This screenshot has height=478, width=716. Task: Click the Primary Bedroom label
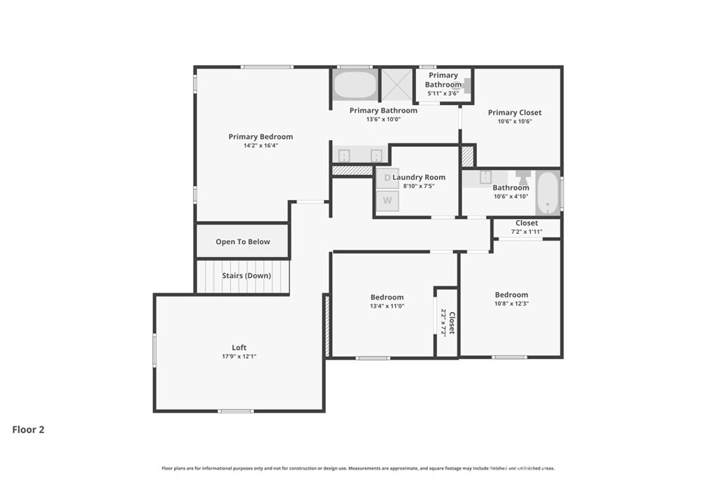pos(261,136)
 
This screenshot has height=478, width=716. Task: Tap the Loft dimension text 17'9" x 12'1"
pos(239,356)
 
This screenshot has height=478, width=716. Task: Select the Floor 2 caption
pos(28,430)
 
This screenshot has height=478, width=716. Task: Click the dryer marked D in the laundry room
pos(387,178)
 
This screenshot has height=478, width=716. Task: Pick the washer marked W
pos(387,201)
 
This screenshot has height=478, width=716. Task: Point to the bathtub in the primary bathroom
pos(355,85)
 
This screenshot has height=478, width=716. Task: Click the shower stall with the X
pos(396,85)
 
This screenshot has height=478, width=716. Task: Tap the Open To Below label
pos(243,241)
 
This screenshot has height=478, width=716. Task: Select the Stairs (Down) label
pos(247,276)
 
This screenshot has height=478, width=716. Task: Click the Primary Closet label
pos(515,113)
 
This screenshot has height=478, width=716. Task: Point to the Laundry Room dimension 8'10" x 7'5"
pos(419,186)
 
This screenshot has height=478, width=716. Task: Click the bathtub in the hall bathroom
pos(547,193)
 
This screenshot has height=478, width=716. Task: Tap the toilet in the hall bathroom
pos(523,177)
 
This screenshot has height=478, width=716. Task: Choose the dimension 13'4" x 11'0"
pos(387,306)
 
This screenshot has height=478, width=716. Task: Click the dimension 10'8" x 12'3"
pos(511,304)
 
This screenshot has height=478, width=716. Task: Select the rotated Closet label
pos(452,323)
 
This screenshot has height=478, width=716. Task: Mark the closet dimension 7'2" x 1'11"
pos(527,232)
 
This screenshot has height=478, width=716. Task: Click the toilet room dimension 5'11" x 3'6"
pos(443,93)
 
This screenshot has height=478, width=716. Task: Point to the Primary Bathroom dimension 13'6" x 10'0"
pos(383,119)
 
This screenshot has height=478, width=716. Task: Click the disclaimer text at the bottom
pos(358,468)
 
